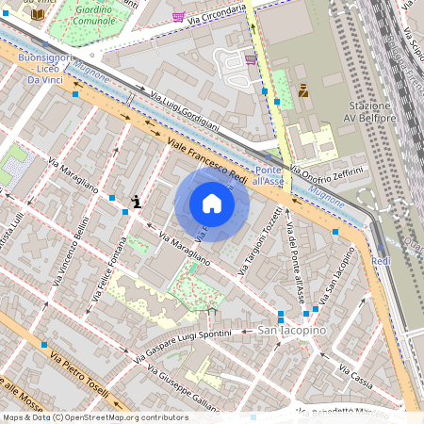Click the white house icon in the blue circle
pyautogui.click(x=212, y=204)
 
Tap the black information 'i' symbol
pyautogui.click(x=138, y=201)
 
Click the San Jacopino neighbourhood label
pyautogui.click(x=291, y=331)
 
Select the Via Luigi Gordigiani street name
pyautogui.click(x=185, y=110)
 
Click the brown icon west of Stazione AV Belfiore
pyautogui.click(x=303, y=90)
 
